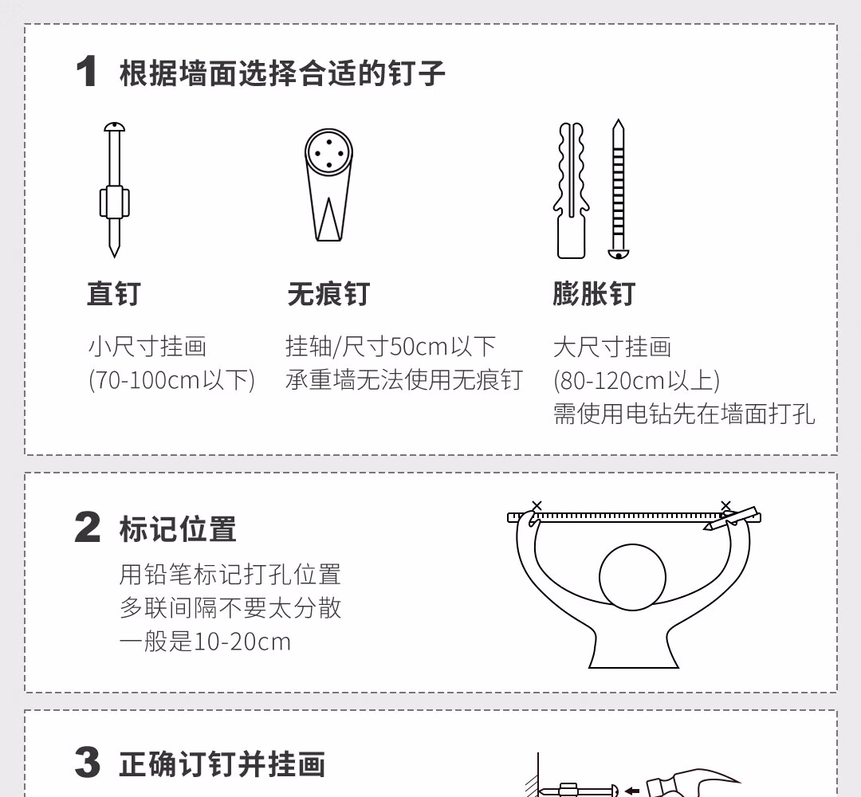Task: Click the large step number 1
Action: tap(87, 72)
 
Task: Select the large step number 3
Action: tap(88, 762)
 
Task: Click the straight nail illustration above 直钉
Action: tap(114, 190)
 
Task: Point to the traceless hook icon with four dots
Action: tap(328, 185)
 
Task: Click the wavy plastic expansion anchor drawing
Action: tap(571, 190)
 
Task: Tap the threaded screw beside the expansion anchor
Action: tap(619, 189)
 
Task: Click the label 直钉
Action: tap(114, 293)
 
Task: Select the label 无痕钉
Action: tap(328, 293)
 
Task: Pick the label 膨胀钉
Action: tap(594, 293)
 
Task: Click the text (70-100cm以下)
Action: tap(172, 380)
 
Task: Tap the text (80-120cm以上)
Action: tap(636, 380)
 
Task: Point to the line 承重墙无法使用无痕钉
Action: tap(404, 380)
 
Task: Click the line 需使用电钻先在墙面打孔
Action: tap(684, 414)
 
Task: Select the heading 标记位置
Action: tap(178, 528)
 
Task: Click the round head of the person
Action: tap(632, 578)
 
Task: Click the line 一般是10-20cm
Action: tap(205, 641)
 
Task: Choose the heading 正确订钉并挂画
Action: tap(222, 764)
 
